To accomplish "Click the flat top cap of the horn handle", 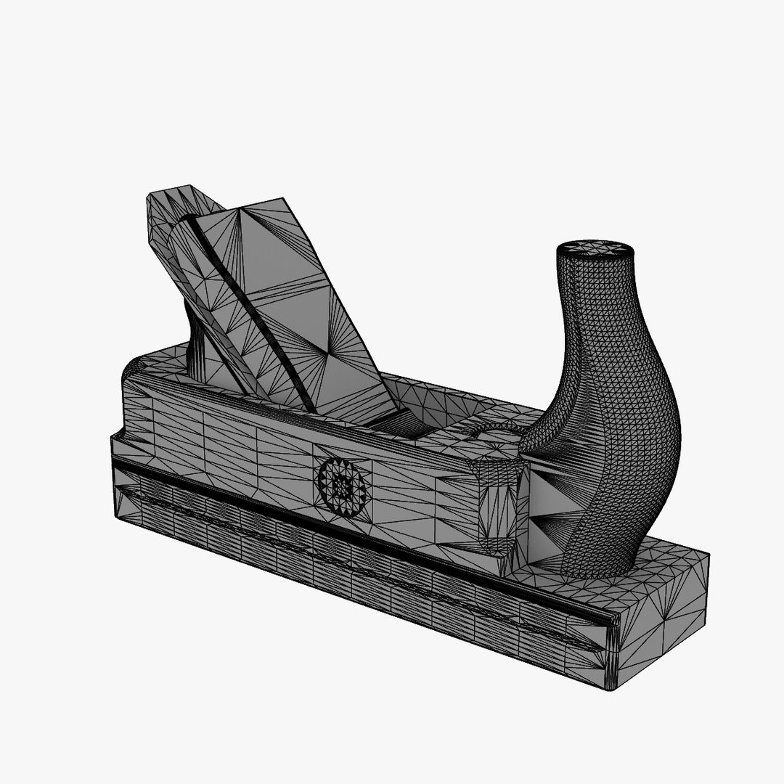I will (x=595, y=248).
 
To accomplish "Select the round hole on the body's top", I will (x=497, y=433).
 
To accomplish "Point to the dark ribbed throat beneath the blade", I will (x=392, y=421).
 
